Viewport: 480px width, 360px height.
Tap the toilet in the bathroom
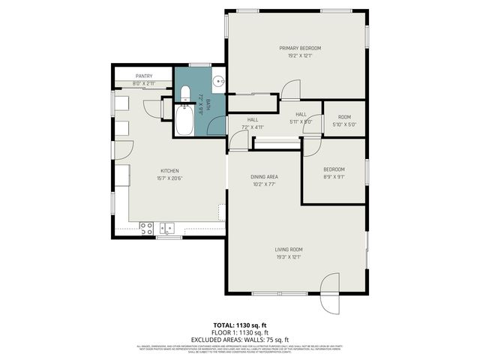click(x=185, y=94)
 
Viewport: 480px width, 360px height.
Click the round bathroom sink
click(x=217, y=81)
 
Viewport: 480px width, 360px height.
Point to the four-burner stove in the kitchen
click(x=145, y=226)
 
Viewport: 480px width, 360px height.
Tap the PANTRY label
click(x=144, y=76)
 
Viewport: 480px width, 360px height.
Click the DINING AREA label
click(x=264, y=176)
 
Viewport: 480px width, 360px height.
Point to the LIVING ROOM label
click(x=289, y=249)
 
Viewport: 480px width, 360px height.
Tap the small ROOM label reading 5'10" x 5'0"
click(x=344, y=117)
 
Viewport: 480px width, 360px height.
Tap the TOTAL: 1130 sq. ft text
click(x=239, y=326)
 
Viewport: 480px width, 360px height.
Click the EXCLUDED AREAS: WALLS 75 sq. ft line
click(x=239, y=340)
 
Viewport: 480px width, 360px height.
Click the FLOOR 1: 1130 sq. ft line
click(x=239, y=333)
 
